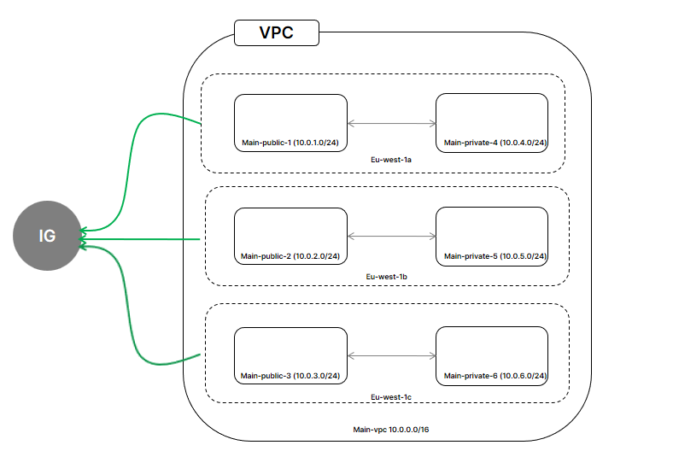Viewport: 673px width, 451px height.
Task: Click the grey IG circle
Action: [x=47, y=236]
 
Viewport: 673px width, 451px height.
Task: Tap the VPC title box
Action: [x=277, y=32]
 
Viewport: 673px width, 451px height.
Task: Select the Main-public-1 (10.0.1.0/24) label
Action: [x=290, y=143]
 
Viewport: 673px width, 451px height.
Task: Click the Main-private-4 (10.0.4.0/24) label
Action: [x=495, y=143]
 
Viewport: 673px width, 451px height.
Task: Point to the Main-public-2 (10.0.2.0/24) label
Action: [x=290, y=256]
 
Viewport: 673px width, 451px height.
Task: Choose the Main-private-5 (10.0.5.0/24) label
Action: [x=495, y=256]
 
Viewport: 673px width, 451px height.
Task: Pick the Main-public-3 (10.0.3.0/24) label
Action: [x=290, y=376]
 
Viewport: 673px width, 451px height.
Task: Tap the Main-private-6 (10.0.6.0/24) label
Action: [x=495, y=376]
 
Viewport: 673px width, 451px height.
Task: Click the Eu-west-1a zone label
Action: [x=391, y=160]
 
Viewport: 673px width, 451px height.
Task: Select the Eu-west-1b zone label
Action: [x=386, y=277]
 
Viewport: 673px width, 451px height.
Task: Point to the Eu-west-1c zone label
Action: [x=391, y=397]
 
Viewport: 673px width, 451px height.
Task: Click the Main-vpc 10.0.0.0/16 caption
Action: [x=391, y=430]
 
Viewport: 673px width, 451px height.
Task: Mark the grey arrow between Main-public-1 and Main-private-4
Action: [x=391, y=124]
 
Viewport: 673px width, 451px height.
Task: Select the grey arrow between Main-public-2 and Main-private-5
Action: [x=391, y=236]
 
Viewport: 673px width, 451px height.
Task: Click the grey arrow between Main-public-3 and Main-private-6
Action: [x=391, y=355]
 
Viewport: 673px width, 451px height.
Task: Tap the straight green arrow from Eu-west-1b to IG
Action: [x=140, y=239]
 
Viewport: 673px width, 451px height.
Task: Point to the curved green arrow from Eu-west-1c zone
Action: [x=127, y=301]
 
